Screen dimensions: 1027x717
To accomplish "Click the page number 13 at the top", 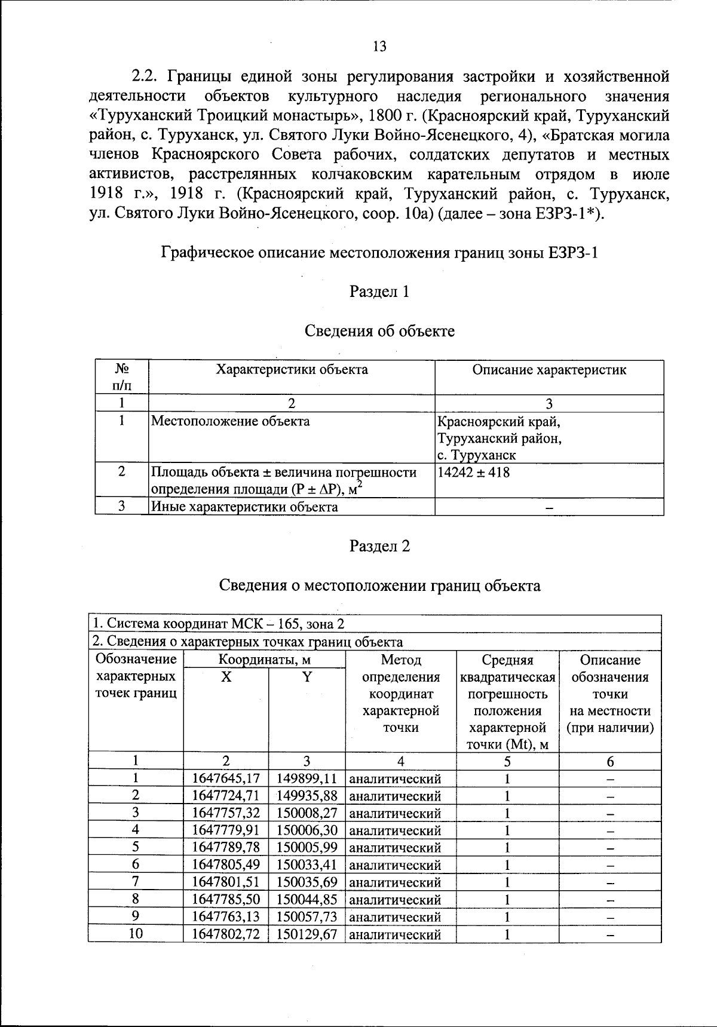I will tap(379, 47).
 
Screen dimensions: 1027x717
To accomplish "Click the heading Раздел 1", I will tap(379, 292).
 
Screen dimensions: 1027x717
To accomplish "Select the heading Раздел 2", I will tap(379, 546).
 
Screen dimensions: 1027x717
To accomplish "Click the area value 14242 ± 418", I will tap(474, 473).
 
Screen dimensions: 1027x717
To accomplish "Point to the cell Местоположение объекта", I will tap(230, 421).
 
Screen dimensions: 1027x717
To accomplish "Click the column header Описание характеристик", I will tap(549, 370).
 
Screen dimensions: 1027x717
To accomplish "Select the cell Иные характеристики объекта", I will tap(244, 507).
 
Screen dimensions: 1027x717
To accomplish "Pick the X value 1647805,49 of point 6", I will tap(226, 864).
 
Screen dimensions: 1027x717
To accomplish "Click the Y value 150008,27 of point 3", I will tap(307, 813).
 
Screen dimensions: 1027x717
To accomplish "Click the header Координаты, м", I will tap(264, 660).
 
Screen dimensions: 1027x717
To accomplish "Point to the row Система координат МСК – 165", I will tap(218, 624).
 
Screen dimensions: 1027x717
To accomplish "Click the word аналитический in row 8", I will tap(395, 900).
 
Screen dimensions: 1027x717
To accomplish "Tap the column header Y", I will tap(307, 677).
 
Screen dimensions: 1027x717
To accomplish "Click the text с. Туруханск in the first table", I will tap(477, 456).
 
